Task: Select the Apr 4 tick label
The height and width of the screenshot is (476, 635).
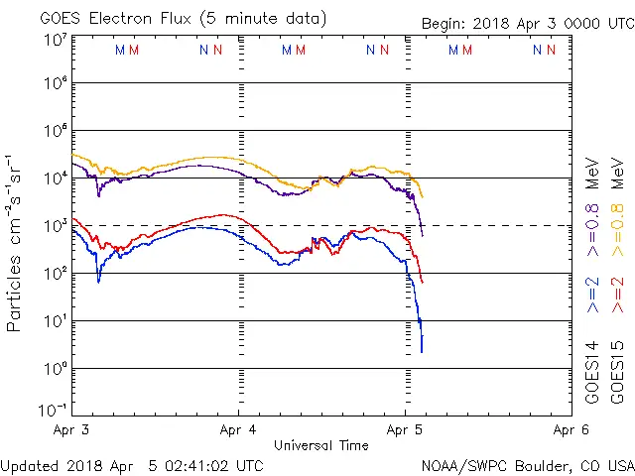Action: pyautogui.click(x=238, y=430)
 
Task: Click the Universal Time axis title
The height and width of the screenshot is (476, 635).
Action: pyautogui.click(x=321, y=445)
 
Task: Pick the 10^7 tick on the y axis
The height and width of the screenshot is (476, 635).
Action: pyautogui.click(x=54, y=40)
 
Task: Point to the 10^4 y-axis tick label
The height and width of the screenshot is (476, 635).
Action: pyautogui.click(x=54, y=178)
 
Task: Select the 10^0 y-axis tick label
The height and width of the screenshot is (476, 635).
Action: pyautogui.click(x=54, y=369)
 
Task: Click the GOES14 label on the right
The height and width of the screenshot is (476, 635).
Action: pyautogui.click(x=592, y=371)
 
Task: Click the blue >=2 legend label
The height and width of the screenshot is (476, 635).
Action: pyautogui.click(x=592, y=295)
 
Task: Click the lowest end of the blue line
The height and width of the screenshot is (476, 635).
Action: pyautogui.click(x=422, y=351)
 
